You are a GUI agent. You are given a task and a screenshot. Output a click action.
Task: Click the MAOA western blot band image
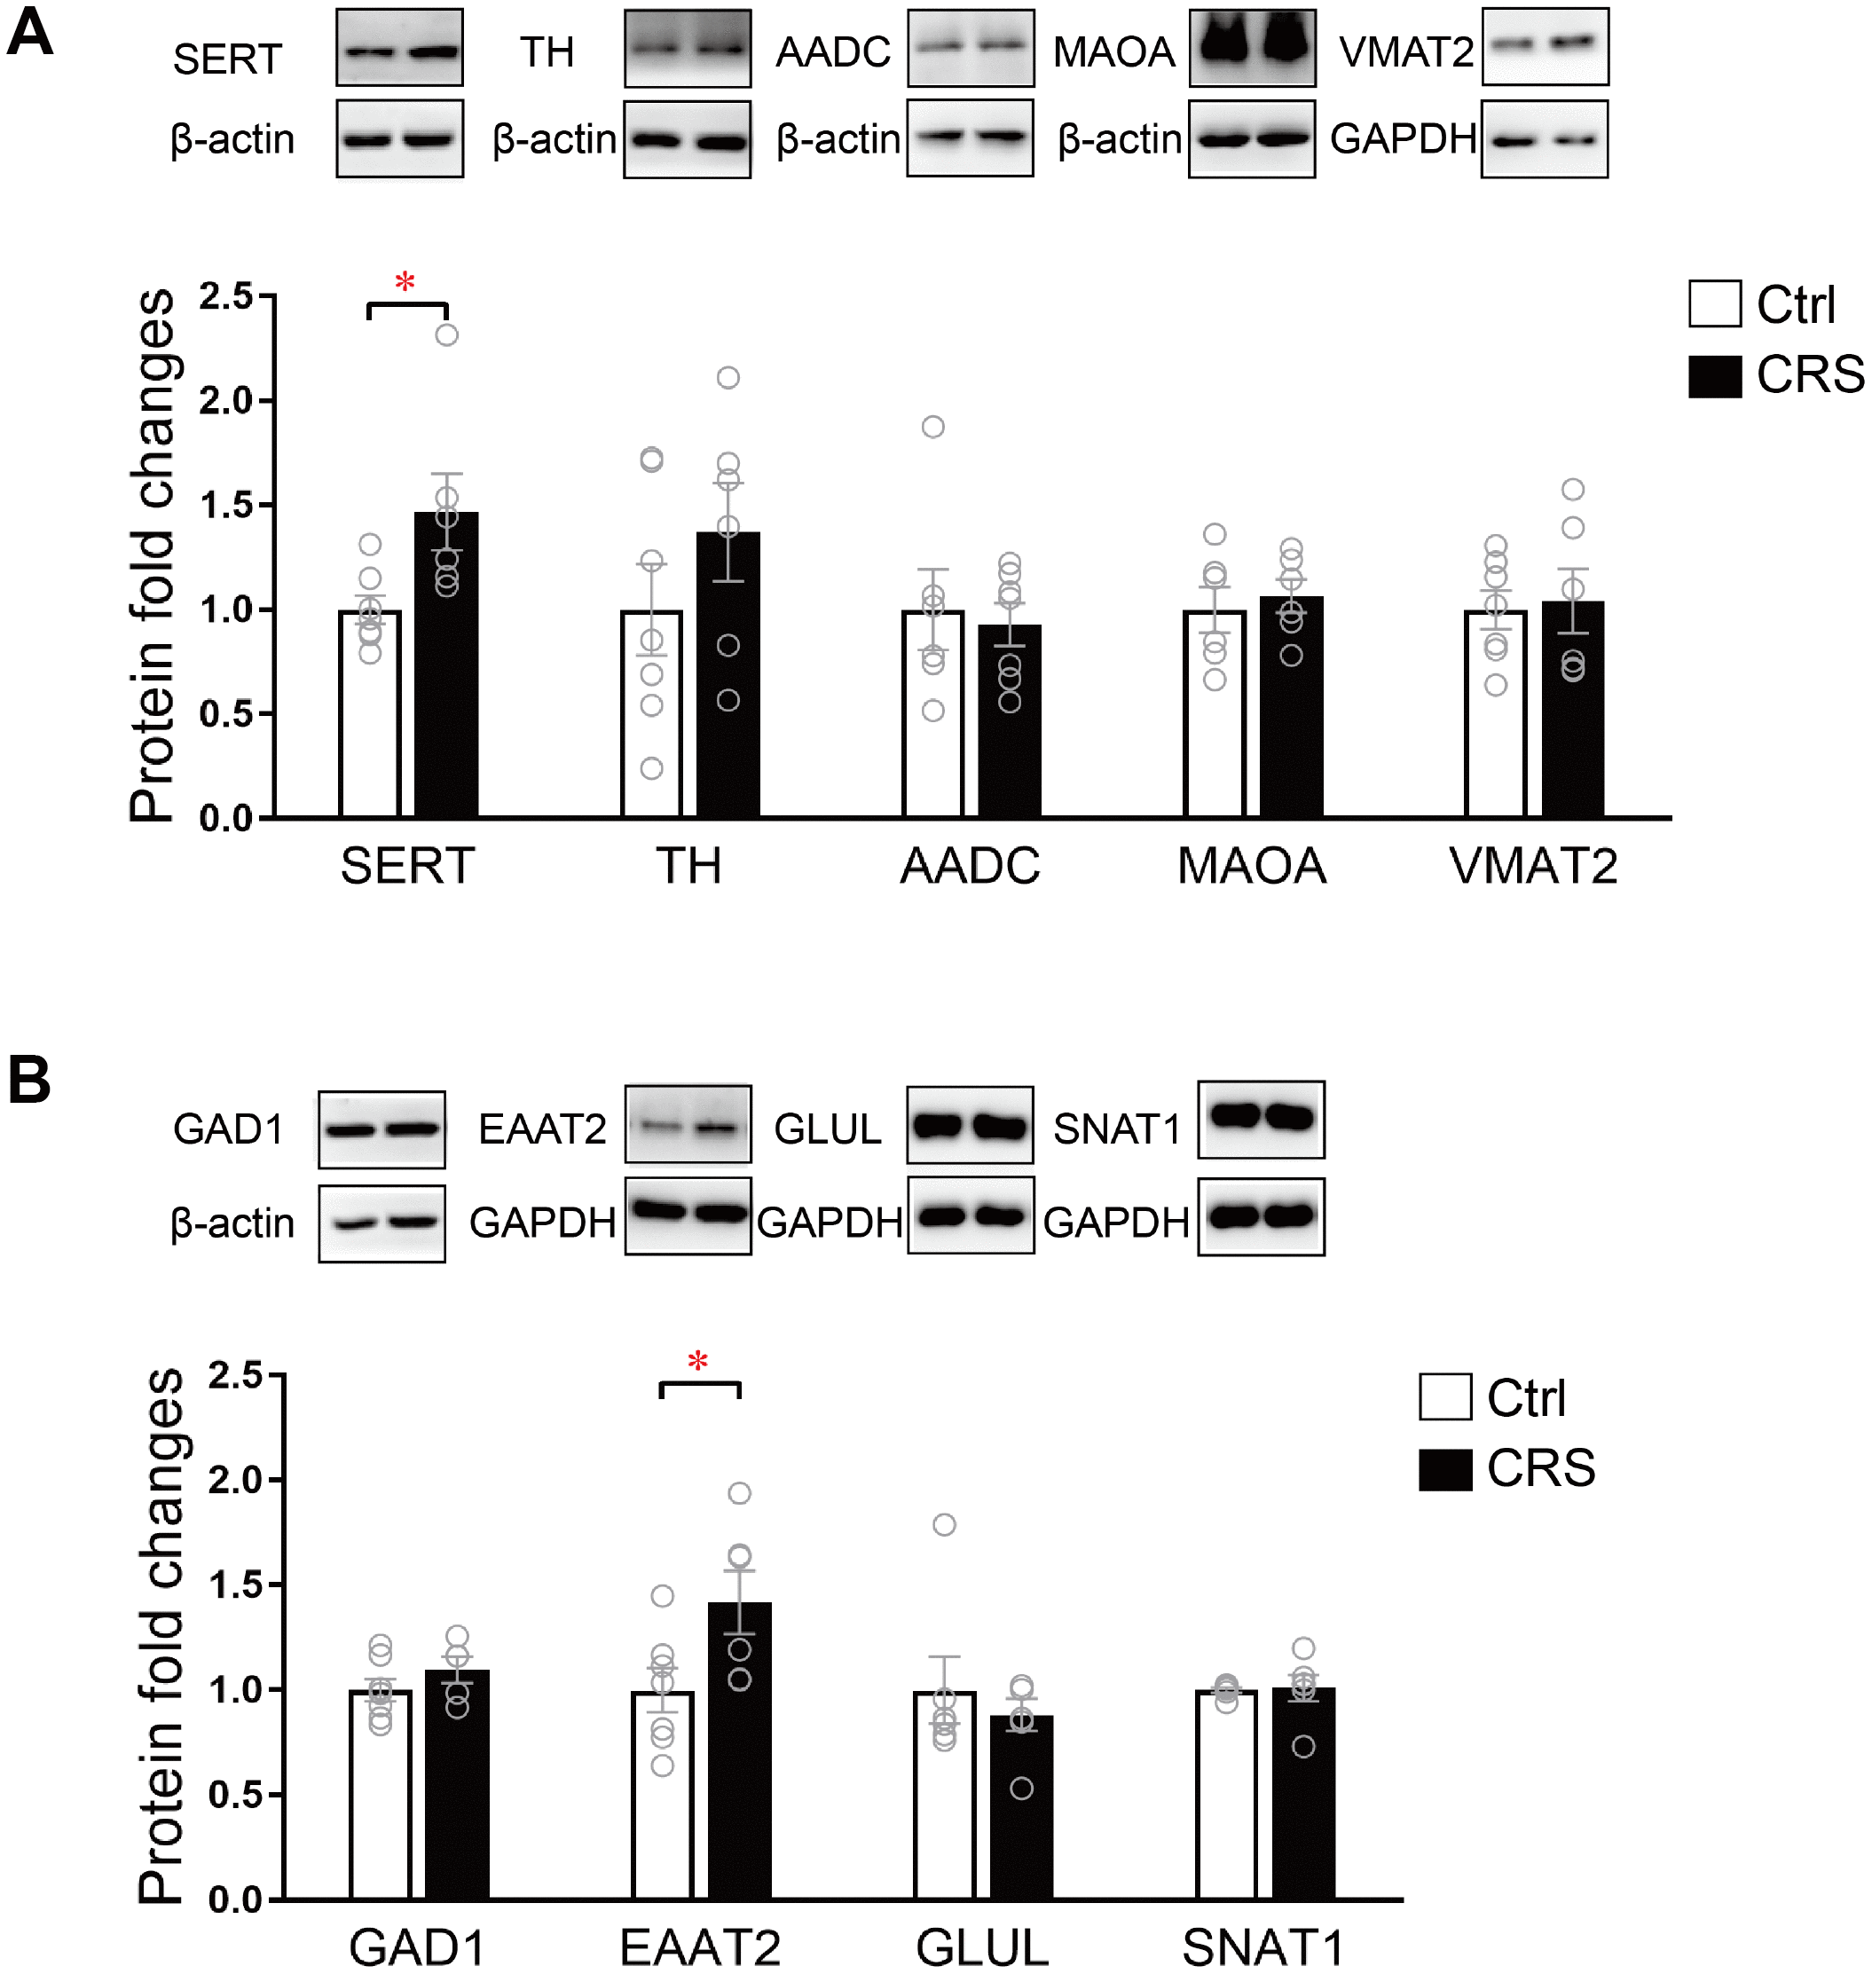(x=1251, y=47)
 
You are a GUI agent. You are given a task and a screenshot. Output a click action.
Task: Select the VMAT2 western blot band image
(x=1545, y=46)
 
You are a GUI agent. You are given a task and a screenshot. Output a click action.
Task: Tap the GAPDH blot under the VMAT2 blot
(x=1545, y=138)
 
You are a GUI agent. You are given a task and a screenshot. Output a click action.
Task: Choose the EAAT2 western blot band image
(x=688, y=1125)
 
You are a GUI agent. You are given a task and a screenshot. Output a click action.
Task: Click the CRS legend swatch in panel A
(x=1714, y=376)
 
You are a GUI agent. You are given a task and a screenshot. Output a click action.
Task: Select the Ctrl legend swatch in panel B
(x=1445, y=1397)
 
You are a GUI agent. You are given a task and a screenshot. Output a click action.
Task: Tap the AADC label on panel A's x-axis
(x=970, y=865)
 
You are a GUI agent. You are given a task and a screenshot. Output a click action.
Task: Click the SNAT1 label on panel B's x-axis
(x=1263, y=1947)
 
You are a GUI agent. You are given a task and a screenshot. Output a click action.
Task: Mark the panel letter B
(x=29, y=1080)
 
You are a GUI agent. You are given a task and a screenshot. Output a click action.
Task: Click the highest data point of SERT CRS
(x=447, y=335)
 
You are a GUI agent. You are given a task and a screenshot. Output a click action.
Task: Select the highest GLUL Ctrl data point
(x=944, y=1525)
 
